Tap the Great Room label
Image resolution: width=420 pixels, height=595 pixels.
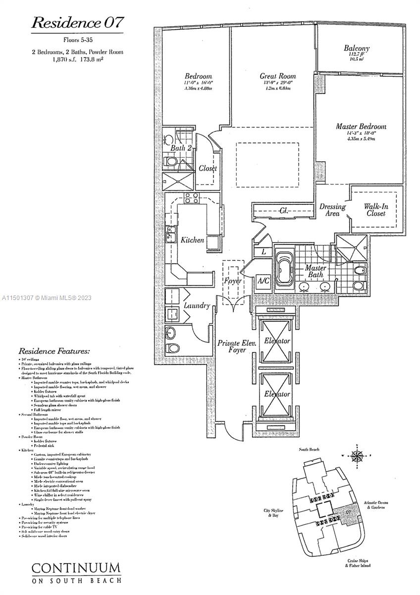[x=278, y=76]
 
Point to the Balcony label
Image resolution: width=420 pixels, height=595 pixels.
[x=357, y=49]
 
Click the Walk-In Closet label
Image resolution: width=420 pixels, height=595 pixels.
[x=375, y=209]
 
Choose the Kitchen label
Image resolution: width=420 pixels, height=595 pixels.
[x=192, y=240]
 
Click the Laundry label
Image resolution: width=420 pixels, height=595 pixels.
[x=197, y=306]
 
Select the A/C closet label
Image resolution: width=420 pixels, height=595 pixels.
[x=263, y=281]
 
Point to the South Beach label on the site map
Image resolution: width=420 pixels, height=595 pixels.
[x=309, y=449]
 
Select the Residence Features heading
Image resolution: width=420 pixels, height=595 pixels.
[x=54, y=351]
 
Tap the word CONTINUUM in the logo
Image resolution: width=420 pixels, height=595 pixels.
[x=76, y=568]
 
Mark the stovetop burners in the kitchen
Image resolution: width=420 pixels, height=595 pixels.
[x=191, y=198]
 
